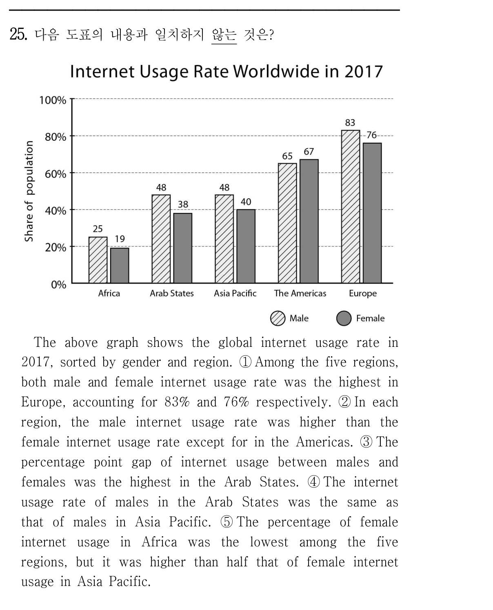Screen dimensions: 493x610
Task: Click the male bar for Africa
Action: coord(98,260)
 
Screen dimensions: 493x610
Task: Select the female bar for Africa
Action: coord(120,265)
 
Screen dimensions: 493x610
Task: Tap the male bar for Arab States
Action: coord(161,239)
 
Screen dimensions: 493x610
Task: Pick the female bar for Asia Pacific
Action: coord(246,246)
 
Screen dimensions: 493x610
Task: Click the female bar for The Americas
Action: coord(309,221)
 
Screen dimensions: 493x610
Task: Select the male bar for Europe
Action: coord(350,206)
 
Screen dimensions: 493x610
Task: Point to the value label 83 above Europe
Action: coord(350,122)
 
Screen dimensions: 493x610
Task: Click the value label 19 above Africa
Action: coord(120,239)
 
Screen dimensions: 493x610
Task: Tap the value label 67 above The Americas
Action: coord(309,151)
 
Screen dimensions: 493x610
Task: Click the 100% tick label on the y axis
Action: coord(53,100)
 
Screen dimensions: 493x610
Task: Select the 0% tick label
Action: coord(59,284)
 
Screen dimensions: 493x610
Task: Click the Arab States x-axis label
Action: coord(171,293)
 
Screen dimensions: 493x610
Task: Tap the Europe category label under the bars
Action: coord(362,293)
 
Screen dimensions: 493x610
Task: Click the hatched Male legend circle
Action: coord(277,318)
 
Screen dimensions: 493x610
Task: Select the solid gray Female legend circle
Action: coord(344,318)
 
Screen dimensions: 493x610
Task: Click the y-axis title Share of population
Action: coord(29,191)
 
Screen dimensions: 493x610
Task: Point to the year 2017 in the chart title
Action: coord(363,71)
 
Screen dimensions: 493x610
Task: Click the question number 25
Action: coord(18,34)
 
